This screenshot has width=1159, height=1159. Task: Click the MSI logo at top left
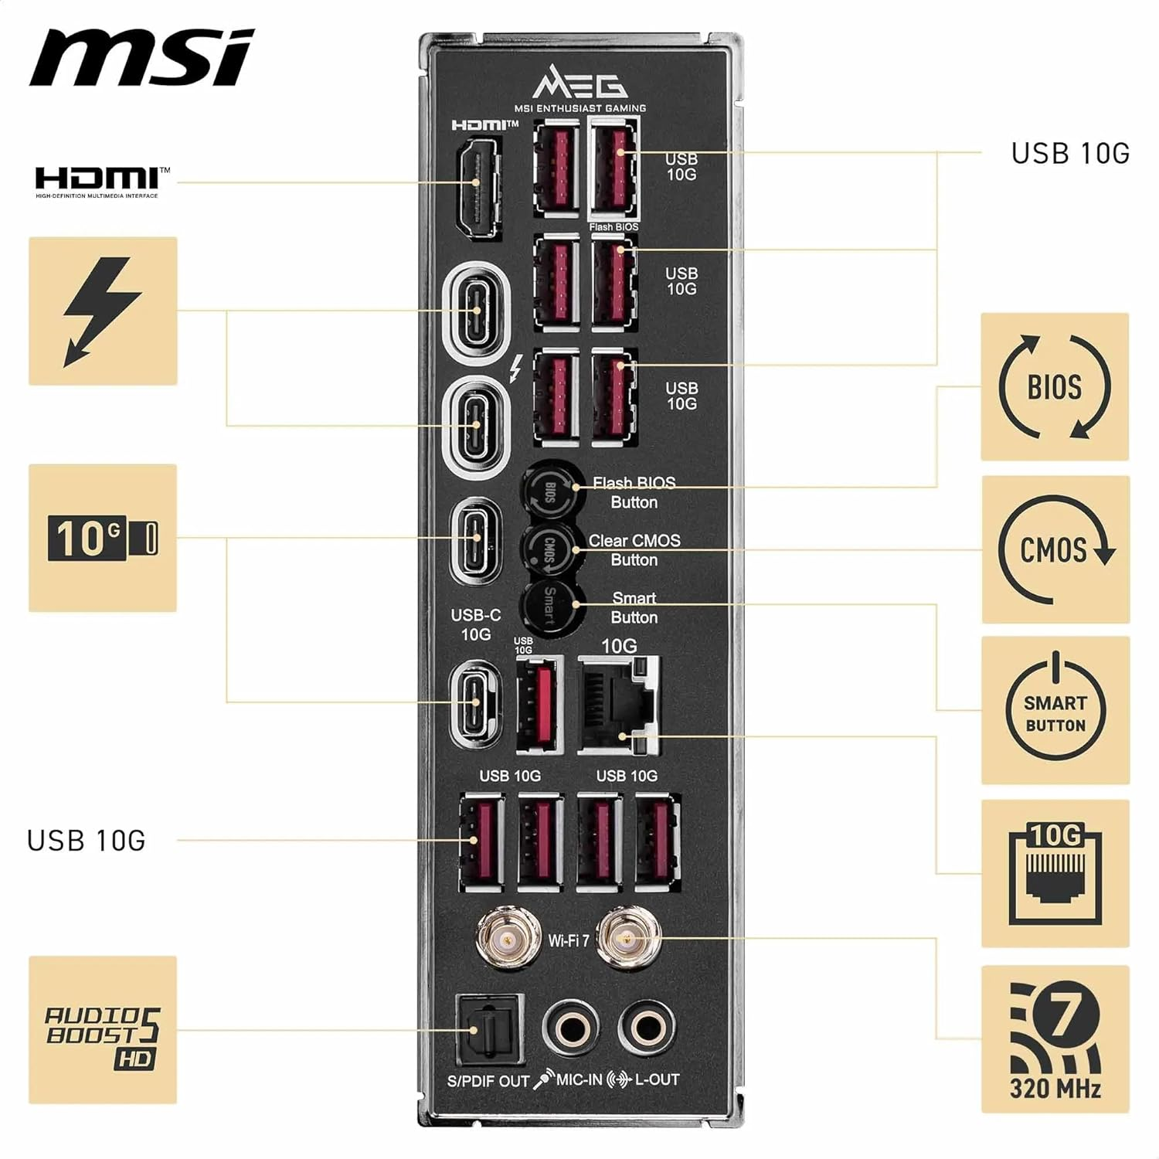tap(141, 58)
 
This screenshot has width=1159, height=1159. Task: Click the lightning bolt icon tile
tap(103, 311)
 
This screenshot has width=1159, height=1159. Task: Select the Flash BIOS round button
tap(551, 490)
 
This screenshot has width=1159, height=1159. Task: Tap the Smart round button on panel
tap(549, 607)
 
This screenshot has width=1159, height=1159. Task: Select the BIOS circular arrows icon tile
tap(1055, 387)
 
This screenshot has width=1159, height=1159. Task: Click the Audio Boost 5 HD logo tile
tap(103, 1030)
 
